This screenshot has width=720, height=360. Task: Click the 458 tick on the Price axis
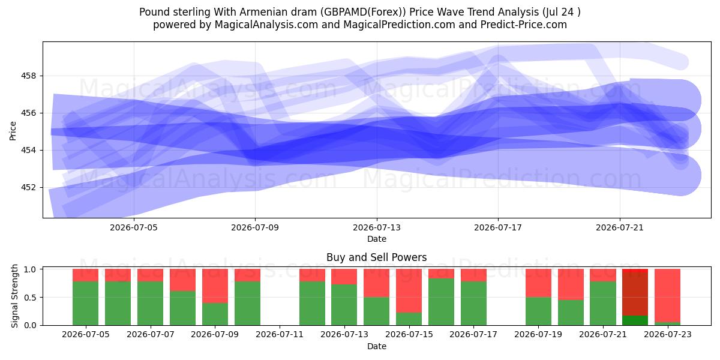[x=29, y=76]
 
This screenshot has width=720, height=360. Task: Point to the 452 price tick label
[x=29, y=187]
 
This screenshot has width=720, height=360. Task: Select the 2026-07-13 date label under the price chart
[x=377, y=227]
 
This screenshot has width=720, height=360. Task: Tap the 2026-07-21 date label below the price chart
[x=620, y=227]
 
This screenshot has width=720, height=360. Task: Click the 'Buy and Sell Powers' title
[x=377, y=257]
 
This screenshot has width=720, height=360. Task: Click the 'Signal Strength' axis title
[x=14, y=296]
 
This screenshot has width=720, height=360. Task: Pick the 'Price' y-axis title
[x=13, y=131]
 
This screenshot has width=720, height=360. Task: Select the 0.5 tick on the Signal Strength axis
[x=31, y=298]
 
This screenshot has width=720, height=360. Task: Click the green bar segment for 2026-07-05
[x=85, y=303]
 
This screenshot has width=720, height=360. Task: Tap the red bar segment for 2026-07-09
[x=215, y=286]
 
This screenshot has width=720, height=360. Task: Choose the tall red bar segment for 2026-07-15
[x=409, y=290]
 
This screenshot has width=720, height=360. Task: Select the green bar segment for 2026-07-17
[x=473, y=303]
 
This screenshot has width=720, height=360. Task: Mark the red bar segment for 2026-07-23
[x=667, y=295]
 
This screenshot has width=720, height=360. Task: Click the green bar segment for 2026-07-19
[x=538, y=311]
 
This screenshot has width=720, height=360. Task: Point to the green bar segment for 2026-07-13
[x=344, y=305]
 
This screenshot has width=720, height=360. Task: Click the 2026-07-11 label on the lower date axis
[x=280, y=334]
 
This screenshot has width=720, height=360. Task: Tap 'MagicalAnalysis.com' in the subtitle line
[x=266, y=25]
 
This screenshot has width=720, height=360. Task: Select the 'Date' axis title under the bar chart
[x=377, y=346]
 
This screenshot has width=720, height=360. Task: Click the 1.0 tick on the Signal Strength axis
[x=31, y=269]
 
